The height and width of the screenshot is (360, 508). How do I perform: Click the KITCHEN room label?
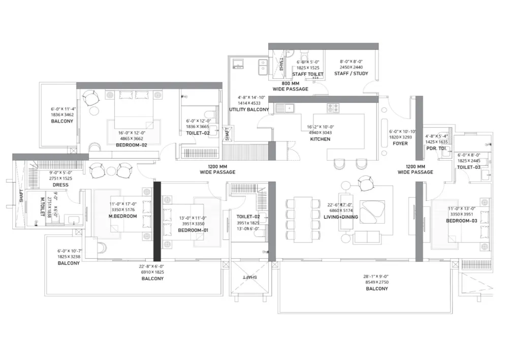320,139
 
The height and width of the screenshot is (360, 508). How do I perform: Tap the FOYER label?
400,143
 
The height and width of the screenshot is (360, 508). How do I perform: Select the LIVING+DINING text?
341,217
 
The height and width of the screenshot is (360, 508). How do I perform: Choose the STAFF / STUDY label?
351,74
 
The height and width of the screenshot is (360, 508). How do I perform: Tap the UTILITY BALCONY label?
249,109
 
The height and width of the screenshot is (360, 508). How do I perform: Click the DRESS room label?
60,185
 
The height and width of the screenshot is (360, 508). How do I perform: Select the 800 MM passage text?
290,83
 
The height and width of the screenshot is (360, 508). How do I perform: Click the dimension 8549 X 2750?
376,282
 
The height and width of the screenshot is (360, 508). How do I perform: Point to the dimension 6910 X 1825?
152,272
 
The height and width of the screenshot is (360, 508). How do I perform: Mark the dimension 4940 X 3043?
320,133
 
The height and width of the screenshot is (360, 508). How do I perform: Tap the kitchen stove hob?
333,108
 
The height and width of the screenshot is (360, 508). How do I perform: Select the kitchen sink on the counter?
284,108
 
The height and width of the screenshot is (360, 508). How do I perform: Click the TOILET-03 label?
468,167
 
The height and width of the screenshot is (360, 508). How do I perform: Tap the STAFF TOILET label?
308,74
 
